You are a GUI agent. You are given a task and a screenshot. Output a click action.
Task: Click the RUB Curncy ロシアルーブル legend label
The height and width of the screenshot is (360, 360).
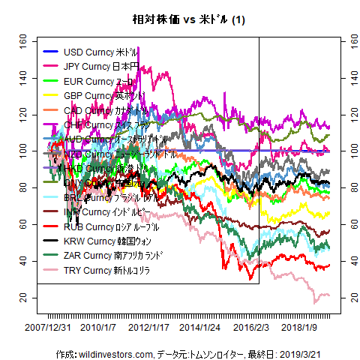click(x=112, y=226)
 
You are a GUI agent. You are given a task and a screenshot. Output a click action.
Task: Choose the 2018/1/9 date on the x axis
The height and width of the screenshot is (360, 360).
click(x=303, y=328)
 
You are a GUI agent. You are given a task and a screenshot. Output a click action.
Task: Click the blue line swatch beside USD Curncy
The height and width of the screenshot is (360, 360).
click(x=51, y=52)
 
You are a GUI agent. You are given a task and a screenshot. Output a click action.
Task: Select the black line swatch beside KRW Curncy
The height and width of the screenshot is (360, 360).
click(x=51, y=241)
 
